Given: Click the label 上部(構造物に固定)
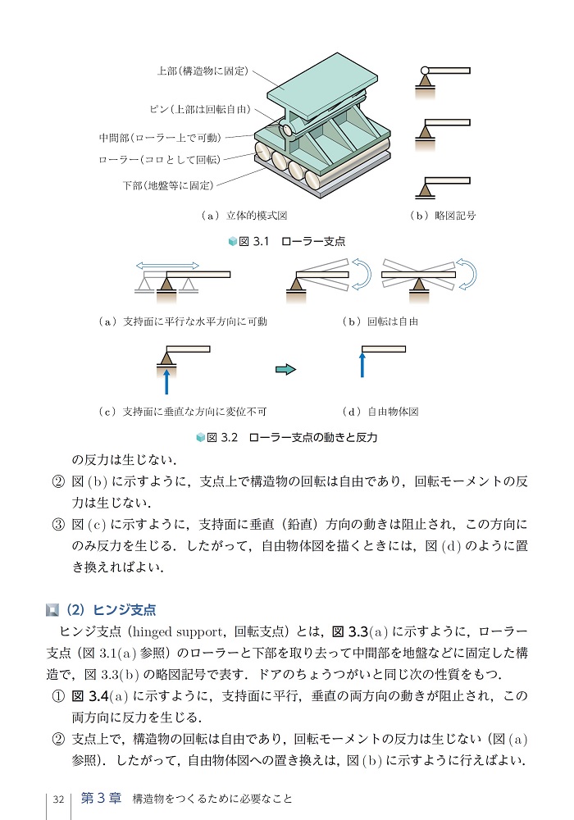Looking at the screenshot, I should pyautogui.click(x=203, y=71).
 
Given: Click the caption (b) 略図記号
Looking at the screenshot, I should pyautogui.click(x=442, y=216).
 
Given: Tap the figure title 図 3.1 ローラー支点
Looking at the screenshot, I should pyautogui.click(x=287, y=241).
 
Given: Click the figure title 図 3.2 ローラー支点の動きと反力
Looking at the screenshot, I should pyautogui.click(x=287, y=437).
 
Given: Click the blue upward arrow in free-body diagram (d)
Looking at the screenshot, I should pyautogui.click(x=362, y=366).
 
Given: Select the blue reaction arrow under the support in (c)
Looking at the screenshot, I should pyautogui.click(x=166, y=380).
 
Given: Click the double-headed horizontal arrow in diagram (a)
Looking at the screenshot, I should pyautogui.click(x=167, y=265).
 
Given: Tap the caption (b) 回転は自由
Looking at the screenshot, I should pyautogui.click(x=380, y=321).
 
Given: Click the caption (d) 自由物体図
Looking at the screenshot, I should pyautogui.click(x=380, y=411).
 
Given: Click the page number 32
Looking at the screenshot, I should pyautogui.click(x=58, y=799).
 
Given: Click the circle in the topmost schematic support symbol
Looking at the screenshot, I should pyautogui.click(x=425, y=71).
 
